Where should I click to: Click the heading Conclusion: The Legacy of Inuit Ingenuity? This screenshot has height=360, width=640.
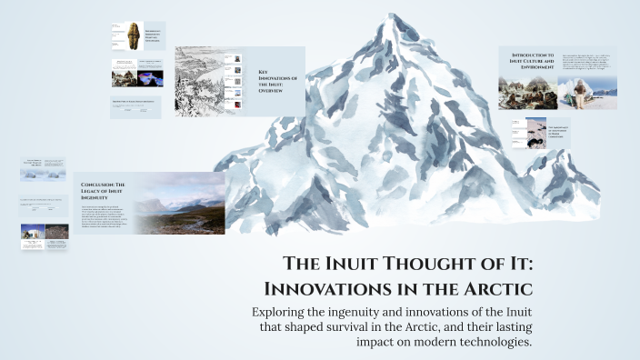(x=107, y=188)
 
